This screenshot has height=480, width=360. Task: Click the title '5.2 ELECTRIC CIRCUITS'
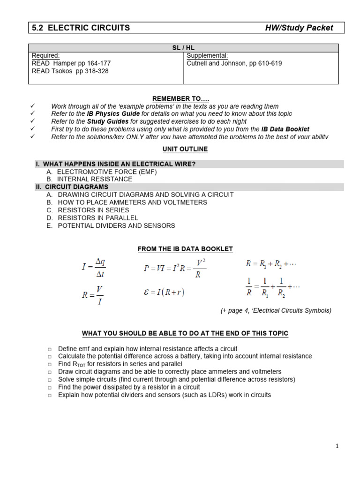(x=81, y=28)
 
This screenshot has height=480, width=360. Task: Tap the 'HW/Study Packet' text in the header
(x=299, y=28)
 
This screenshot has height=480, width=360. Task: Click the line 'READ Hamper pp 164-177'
(x=71, y=63)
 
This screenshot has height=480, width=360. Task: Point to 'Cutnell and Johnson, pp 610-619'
(x=234, y=63)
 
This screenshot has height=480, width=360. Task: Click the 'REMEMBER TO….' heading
(x=180, y=98)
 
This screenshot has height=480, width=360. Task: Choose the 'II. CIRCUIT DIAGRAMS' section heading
(x=72, y=187)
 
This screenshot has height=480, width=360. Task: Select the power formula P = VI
(x=175, y=268)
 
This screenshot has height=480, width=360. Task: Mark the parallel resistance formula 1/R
(x=272, y=287)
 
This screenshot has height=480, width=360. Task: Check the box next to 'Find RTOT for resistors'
(x=50, y=364)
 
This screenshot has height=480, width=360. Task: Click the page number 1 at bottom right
(x=337, y=446)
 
